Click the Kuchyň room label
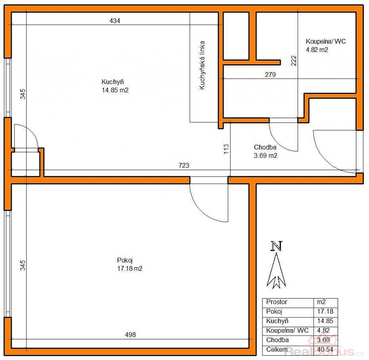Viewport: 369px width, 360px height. [113, 82]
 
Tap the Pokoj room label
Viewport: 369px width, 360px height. [125, 260]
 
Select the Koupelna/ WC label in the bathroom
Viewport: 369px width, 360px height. [326, 41]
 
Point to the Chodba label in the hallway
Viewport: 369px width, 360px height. [265, 147]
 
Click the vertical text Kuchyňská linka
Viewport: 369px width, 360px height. [202, 65]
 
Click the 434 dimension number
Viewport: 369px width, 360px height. [115, 21]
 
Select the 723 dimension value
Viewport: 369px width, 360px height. [184, 165]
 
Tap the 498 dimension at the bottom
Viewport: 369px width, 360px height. [130, 335]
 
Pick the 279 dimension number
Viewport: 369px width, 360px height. [270, 75]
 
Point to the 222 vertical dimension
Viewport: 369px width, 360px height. [294, 60]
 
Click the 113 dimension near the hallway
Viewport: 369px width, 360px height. [226, 149]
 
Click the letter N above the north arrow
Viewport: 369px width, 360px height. [277, 246]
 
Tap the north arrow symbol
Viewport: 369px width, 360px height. [277, 270]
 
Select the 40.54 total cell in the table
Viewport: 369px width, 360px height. [325, 349]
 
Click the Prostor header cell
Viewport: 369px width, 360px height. [277, 302]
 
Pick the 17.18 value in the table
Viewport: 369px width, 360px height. [325, 312]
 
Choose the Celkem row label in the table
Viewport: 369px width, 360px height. [277, 349]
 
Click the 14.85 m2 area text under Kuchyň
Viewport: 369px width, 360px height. [115, 90]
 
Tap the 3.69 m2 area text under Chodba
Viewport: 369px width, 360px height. [265, 156]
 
